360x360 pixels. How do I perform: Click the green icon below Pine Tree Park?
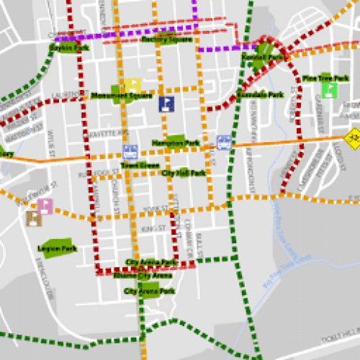click(x=330, y=91)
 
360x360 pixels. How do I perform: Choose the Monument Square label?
click(x=122, y=96)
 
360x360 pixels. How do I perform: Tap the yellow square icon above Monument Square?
click(x=132, y=85)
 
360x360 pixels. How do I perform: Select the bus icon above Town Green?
click(x=130, y=152)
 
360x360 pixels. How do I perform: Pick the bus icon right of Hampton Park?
click(x=224, y=141)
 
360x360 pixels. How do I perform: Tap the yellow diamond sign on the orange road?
click(x=352, y=137)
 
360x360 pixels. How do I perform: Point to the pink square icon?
click(x=45, y=206)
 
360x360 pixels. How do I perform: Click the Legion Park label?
click(x=57, y=249)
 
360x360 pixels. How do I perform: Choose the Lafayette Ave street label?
click(x=113, y=134)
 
